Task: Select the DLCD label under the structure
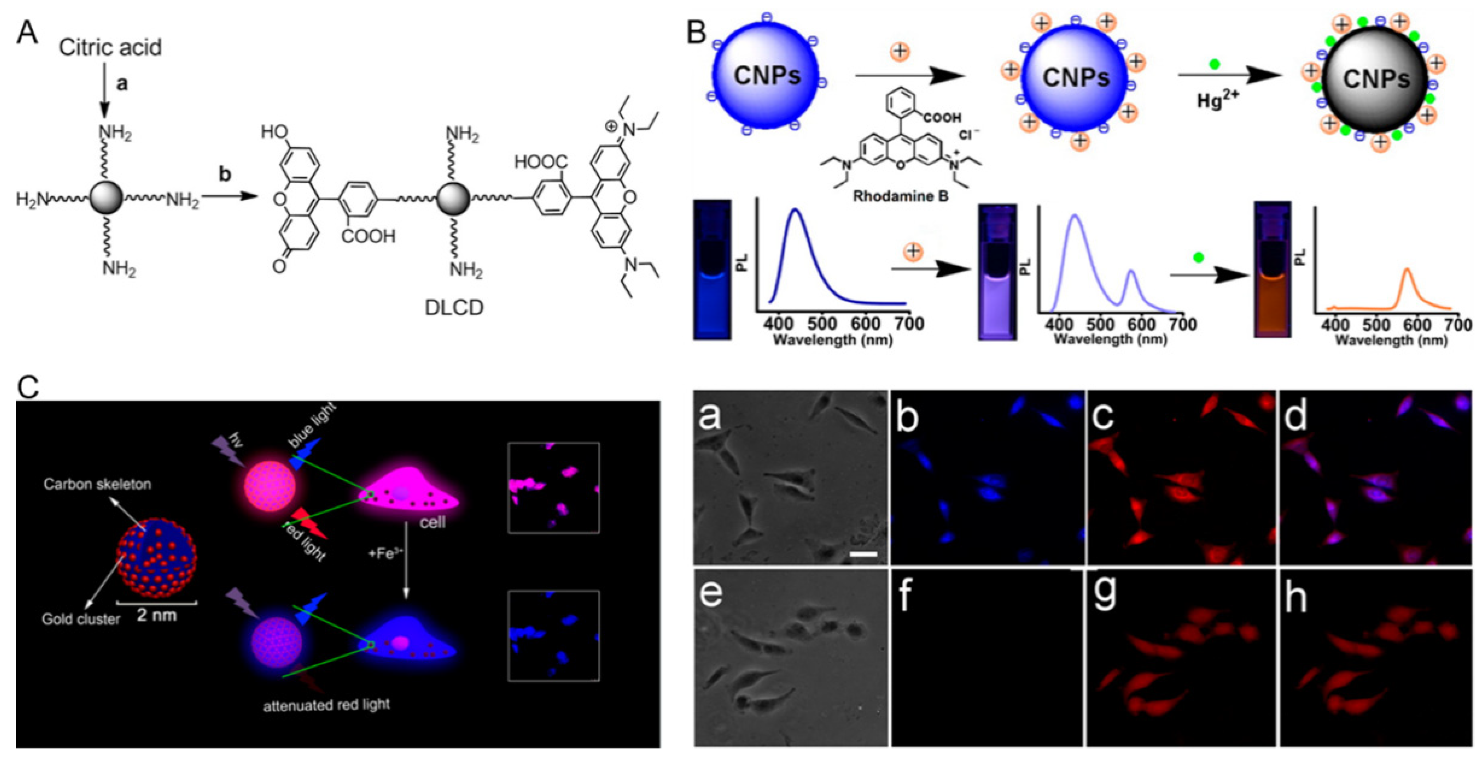pos(453,308)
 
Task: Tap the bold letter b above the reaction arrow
pos(225,174)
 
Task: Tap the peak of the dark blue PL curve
pos(796,210)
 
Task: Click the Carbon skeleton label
pos(97,484)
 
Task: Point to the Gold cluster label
pos(81,619)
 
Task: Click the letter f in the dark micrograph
pos(905,596)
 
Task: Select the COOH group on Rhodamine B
pos(942,117)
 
